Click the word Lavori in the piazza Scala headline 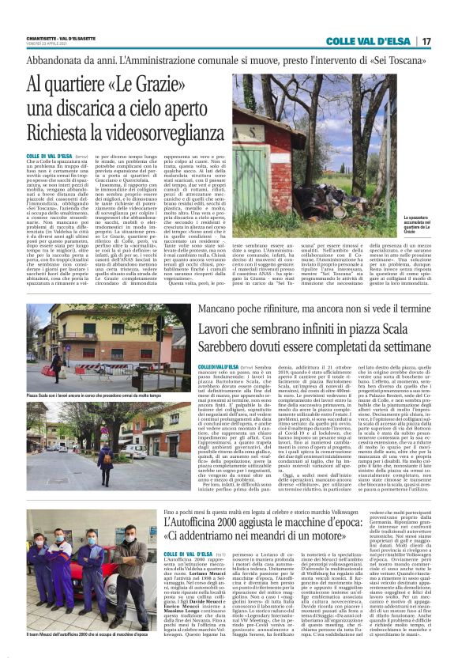202,325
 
